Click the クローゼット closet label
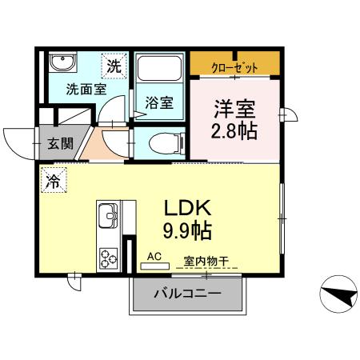[235, 68]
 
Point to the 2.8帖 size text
[235, 131]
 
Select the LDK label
[188, 208]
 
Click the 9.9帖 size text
[188, 232]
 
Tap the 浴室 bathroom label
[159, 102]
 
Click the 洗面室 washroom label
[86, 90]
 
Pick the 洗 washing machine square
[115, 66]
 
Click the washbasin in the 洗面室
[62, 64]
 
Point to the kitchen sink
[108, 217]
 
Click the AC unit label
[155, 258]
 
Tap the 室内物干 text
[206, 260]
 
